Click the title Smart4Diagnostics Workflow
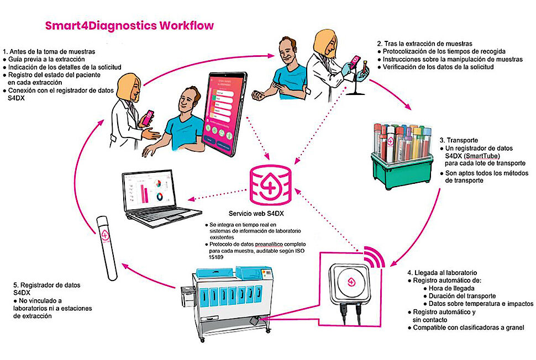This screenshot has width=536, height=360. click(x=129, y=26)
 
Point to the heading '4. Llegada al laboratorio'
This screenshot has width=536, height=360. click(x=442, y=273)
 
